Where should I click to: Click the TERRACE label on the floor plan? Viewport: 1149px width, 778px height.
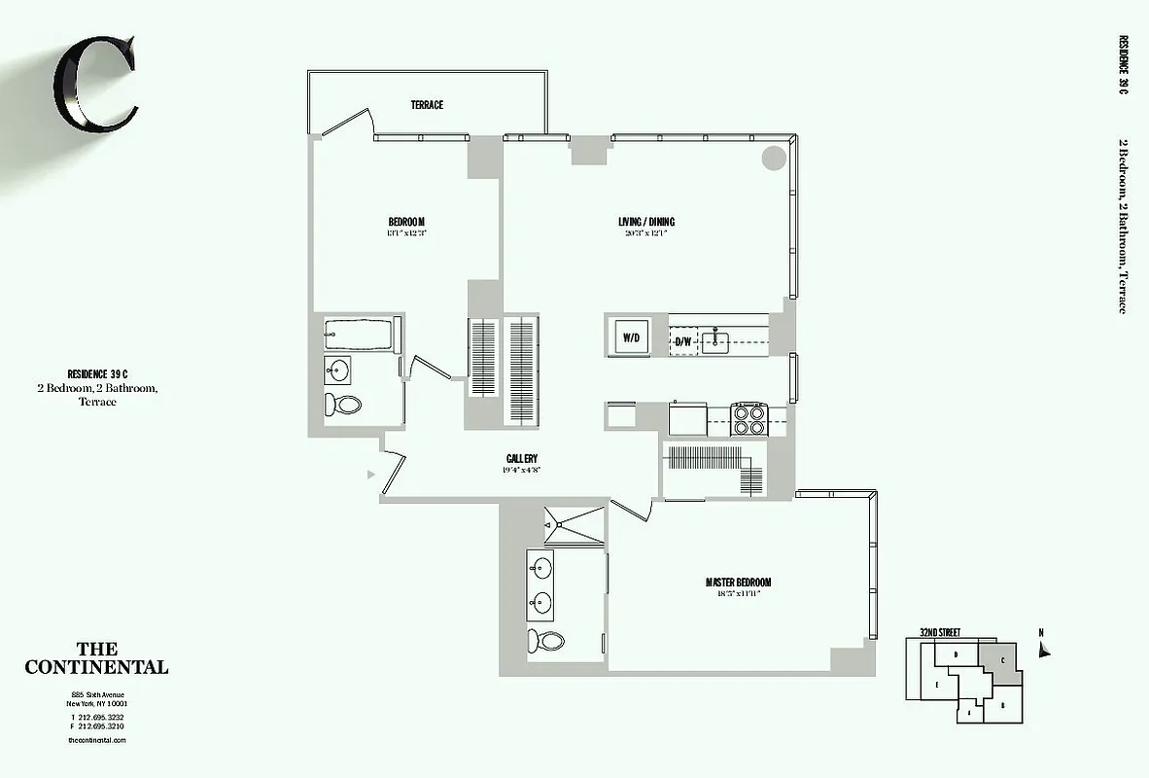(427, 105)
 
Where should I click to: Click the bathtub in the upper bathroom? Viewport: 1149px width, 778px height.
(359, 335)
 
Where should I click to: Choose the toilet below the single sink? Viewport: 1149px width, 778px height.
(342, 404)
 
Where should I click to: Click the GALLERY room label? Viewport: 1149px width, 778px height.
(522, 459)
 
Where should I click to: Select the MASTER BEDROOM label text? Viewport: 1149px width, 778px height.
(738, 583)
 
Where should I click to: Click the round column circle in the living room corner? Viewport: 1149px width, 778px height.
(774, 158)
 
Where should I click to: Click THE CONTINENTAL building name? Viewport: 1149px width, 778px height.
(96, 658)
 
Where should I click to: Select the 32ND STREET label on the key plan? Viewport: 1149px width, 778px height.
(940, 633)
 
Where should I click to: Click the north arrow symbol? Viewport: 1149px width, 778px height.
(1044, 651)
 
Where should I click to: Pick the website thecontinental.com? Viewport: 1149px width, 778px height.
(97, 740)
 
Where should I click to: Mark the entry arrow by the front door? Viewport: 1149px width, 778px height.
(370, 475)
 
